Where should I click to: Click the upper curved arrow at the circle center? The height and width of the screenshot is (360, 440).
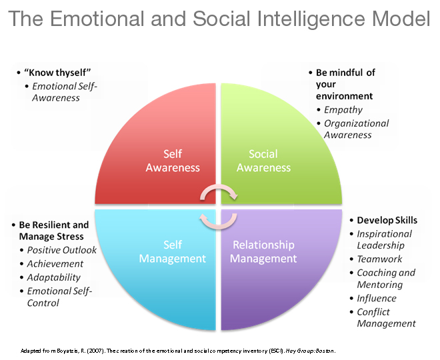click(x=219, y=193)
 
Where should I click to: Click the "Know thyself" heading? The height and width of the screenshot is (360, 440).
click(x=49, y=73)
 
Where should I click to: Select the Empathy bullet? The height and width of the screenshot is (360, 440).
click(x=343, y=110)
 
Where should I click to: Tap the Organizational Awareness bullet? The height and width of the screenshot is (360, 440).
click(x=356, y=129)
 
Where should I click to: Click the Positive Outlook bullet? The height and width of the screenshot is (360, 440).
click(x=61, y=250)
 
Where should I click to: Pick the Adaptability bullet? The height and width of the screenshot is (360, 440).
click(x=54, y=277)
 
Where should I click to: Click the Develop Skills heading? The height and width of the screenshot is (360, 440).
click(x=387, y=220)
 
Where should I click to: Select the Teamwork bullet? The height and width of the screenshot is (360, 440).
click(x=379, y=259)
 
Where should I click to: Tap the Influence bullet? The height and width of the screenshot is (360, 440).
click(x=377, y=298)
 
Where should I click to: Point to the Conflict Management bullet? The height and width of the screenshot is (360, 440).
click(x=386, y=317)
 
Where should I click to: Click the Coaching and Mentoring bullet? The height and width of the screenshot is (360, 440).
click(x=385, y=279)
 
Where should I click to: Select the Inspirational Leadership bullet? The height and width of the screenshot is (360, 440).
click(x=384, y=239)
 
